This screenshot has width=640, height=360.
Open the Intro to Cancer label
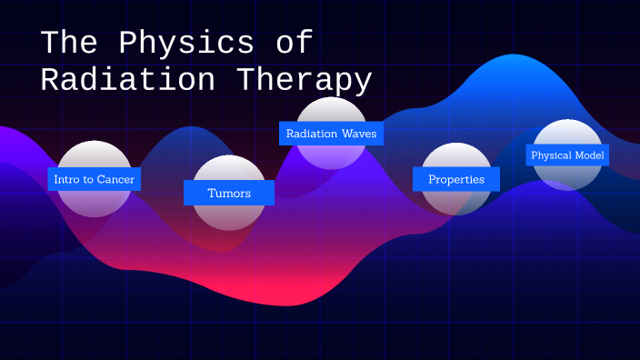tap(94, 179)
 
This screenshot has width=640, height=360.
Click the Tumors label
tap(228, 193)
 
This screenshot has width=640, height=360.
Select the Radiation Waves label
tap(331, 134)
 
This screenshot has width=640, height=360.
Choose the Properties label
tap(456, 179)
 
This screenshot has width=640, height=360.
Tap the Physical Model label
tap(567, 155)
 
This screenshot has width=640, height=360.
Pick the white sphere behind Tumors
tap(228, 215)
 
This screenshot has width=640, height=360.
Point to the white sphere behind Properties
tap(456, 202)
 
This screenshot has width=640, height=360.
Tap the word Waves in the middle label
tap(358, 134)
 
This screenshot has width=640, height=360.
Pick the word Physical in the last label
tap(552, 155)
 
